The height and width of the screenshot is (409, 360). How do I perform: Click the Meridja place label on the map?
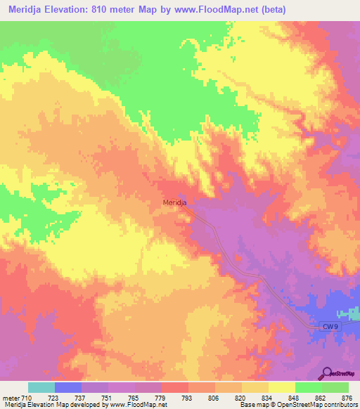coord(174,203)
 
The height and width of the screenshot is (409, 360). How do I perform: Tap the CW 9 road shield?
coord(330,326)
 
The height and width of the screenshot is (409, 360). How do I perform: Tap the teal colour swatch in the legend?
coord(41,387)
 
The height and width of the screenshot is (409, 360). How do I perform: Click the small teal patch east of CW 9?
coord(349,313)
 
